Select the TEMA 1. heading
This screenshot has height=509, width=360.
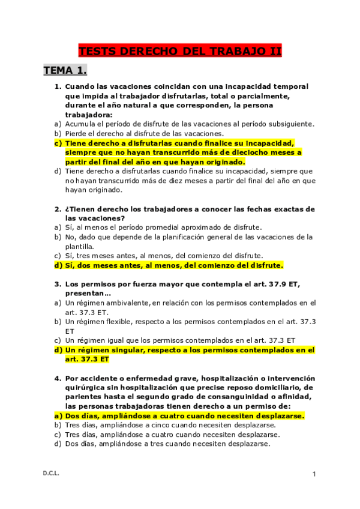pyautogui.click(x=65, y=71)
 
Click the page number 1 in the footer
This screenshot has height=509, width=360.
pyautogui.click(x=314, y=474)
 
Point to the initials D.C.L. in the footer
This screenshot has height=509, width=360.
pyautogui.click(x=51, y=474)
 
